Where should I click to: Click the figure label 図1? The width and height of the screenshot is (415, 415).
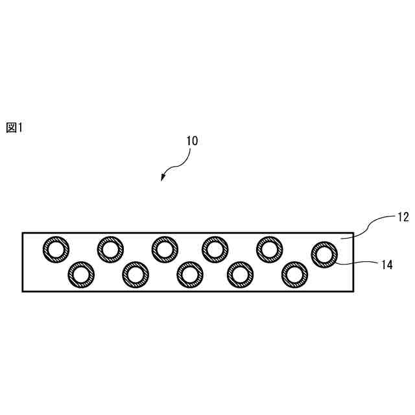click(x=14, y=128)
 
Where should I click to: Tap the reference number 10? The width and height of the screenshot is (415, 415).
click(x=192, y=140)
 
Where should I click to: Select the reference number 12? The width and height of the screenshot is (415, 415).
click(x=402, y=217)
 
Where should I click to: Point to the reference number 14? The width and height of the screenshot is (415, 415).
click(x=387, y=265)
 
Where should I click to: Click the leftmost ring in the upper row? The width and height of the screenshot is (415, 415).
click(x=56, y=248)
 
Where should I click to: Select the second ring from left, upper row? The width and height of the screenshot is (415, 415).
click(x=110, y=248)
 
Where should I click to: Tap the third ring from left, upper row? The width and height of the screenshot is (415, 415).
click(x=165, y=248)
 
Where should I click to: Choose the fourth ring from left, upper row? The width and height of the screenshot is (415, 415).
click(x=215, y=248)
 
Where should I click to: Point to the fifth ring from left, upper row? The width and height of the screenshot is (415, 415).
click(x=270, y=248)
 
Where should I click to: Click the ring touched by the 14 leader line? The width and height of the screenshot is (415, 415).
click(x=324, y=254)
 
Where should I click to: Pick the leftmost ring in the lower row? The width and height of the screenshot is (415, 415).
click(x=80, y=274)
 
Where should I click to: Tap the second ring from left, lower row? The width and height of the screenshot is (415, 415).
click(x=135, y=274)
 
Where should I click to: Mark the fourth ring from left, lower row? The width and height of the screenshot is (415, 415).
click(x=240, y=274)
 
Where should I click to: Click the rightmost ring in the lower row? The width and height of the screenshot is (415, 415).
click(x=294, y=274)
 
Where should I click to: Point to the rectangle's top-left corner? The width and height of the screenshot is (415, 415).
click(x=23, y=232)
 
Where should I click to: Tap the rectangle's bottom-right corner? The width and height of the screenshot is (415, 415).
click(x=353, y=290)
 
